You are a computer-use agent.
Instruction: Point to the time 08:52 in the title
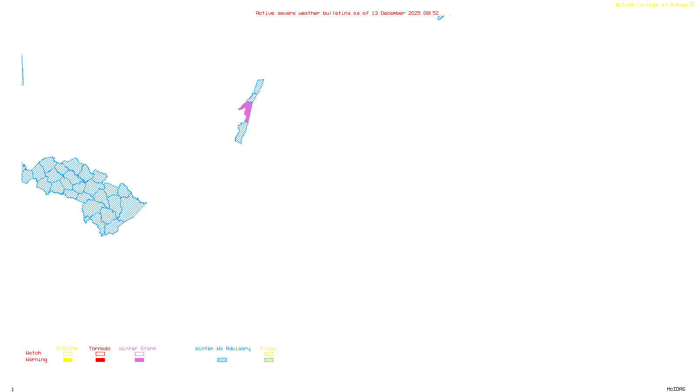431,14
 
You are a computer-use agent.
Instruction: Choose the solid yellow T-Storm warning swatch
67,360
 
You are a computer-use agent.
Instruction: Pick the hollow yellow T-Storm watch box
67,354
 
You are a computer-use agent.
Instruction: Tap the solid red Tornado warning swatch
100,360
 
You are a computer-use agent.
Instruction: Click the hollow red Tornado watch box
100,354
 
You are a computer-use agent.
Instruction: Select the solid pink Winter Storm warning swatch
139,360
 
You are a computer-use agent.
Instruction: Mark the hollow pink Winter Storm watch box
139,354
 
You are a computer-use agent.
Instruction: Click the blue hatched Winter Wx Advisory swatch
222,360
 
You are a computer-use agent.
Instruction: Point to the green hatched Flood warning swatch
268,360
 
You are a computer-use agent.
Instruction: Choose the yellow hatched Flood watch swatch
268,354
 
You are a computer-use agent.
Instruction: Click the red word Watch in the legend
33,353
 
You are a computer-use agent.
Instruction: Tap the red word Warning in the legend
37,360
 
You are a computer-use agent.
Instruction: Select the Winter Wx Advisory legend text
223,348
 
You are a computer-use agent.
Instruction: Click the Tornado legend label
100,348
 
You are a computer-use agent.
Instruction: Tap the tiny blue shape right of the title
441,18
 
